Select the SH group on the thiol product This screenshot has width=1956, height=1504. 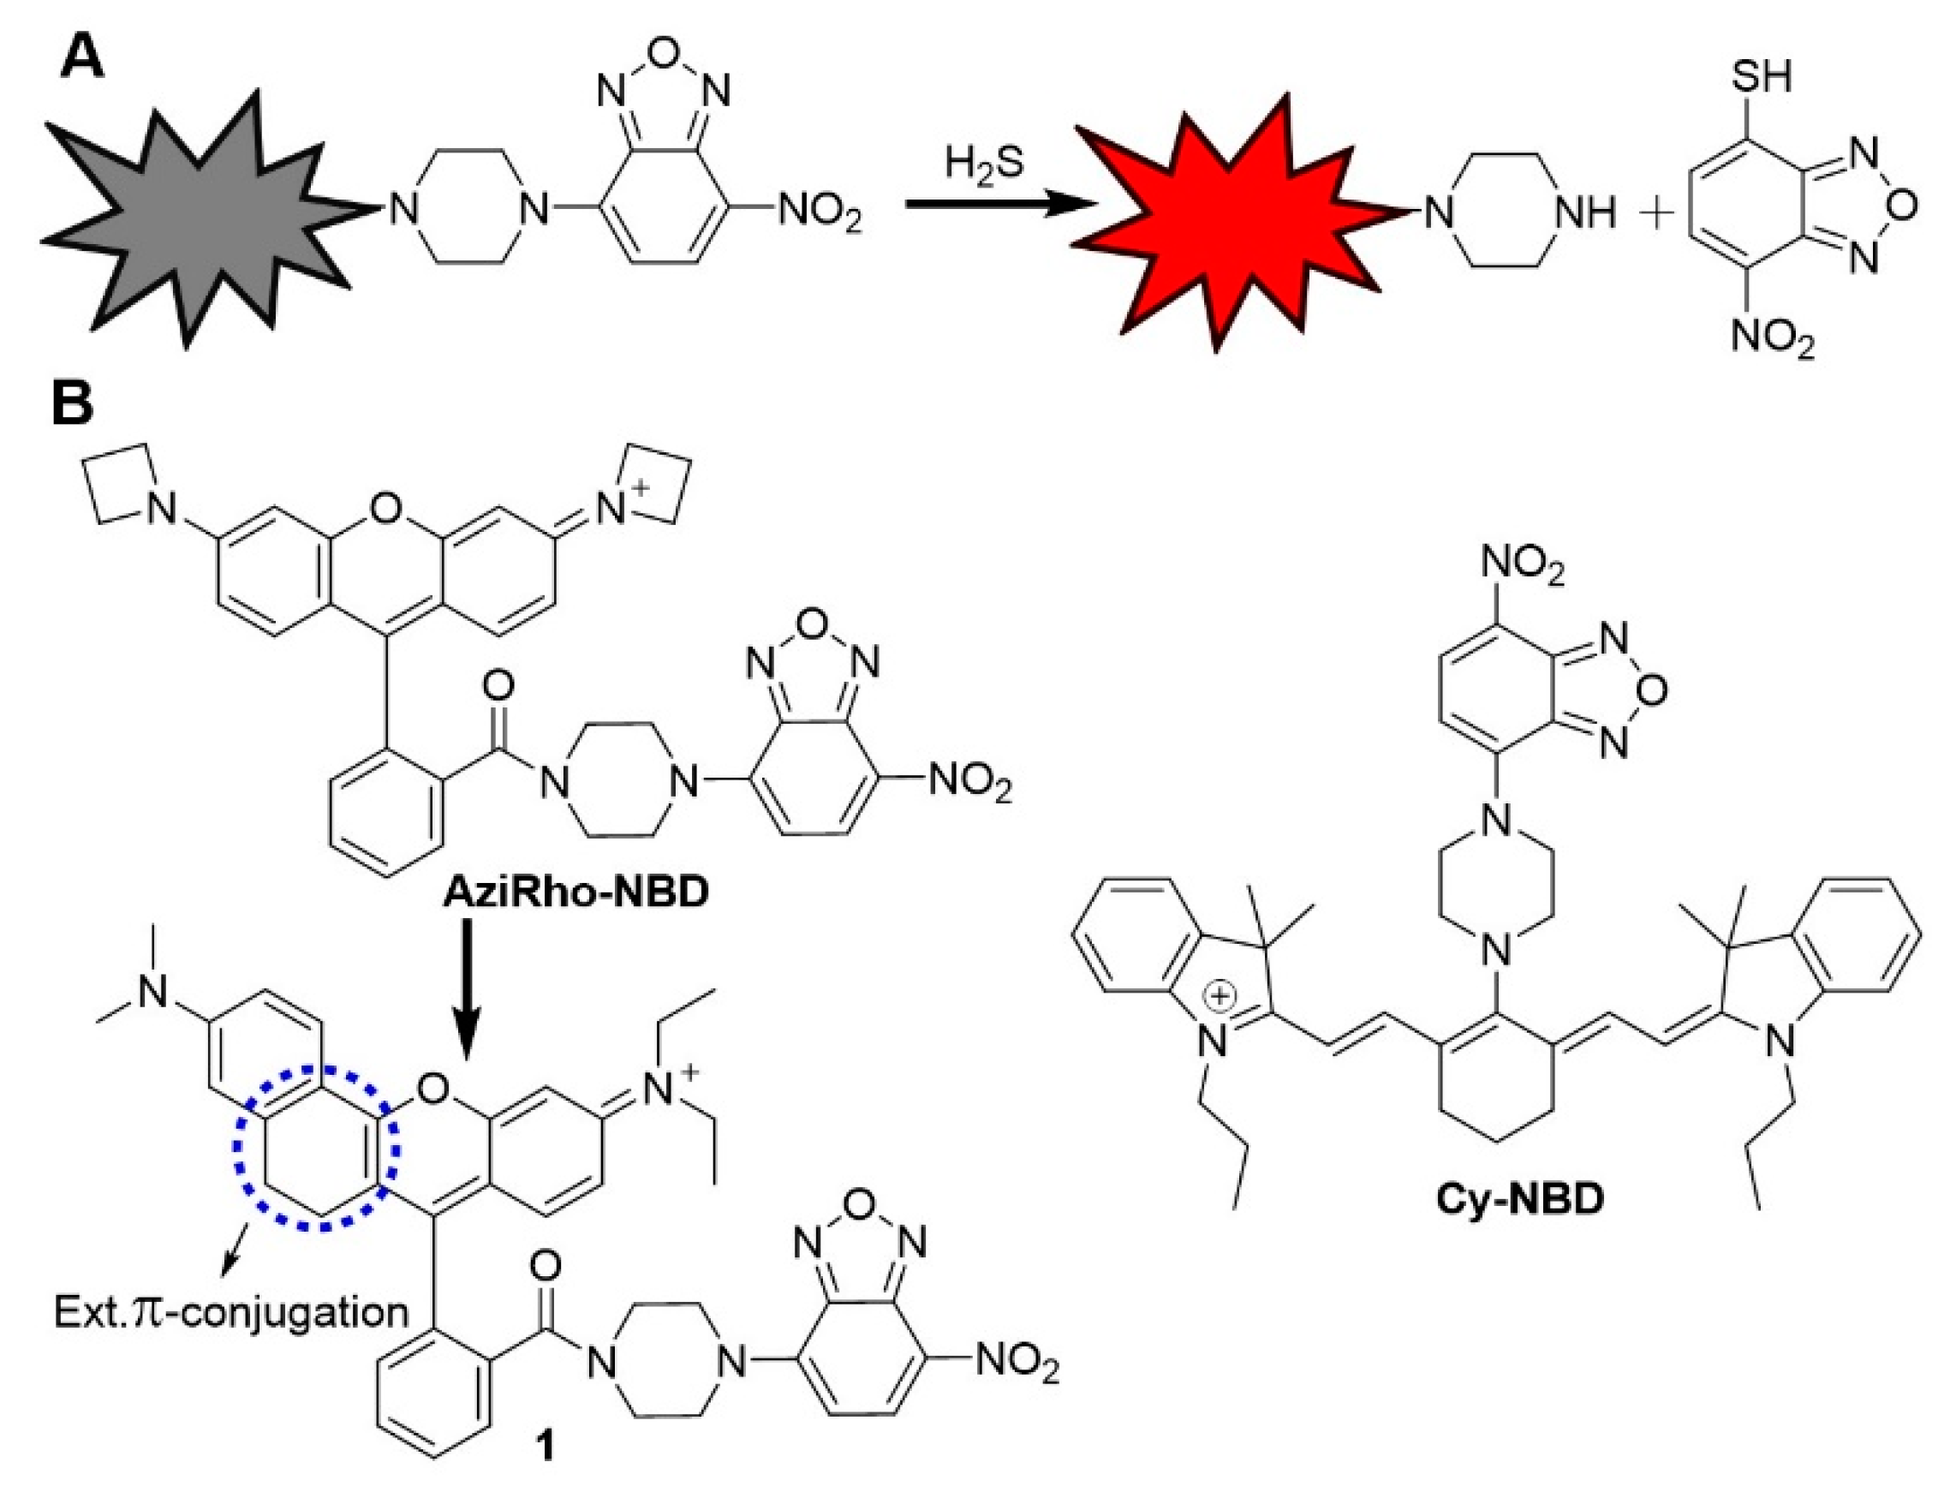pyautogui.click(x=1761, y=76)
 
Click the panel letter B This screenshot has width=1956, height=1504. pyautogui.click(x=74, y=403)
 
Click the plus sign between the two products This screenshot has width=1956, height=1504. pyautogui.click(x=1658, y=215)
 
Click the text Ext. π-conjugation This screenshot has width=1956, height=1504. pyautogui.click(x=231, y=1313)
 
